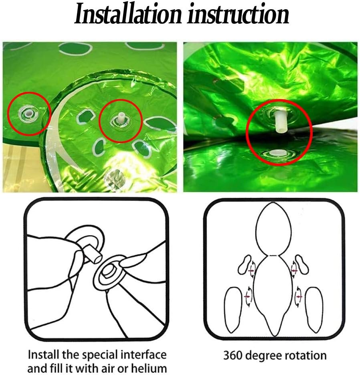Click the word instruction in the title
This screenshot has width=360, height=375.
pos(238,14)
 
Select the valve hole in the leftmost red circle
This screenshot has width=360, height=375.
pos(28,112)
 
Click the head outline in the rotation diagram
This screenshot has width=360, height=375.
pos(274,229)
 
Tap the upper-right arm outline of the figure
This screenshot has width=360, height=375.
pos(302,265)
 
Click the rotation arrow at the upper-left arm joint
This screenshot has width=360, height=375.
pos(252,269)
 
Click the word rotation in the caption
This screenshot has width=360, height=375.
pos(304,355)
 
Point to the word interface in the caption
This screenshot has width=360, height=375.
pos(143,355)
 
